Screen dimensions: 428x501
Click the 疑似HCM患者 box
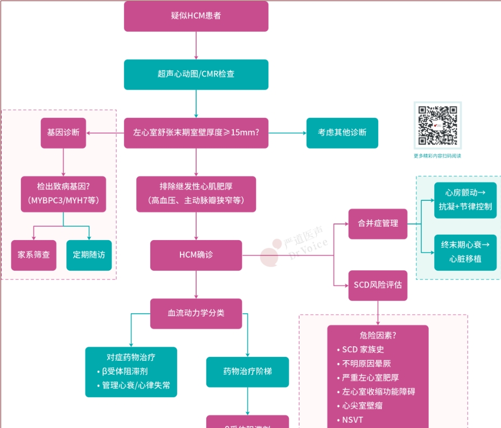click(x=196, y=16)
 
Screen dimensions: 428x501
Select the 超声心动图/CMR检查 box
click(x=196, y=74)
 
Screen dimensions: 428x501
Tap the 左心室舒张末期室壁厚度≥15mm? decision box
click(x=196, y=133)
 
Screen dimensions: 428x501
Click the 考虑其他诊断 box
click(x=342, y=133)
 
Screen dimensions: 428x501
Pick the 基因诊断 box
click(x=64, y=133)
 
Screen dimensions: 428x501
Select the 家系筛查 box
click(x=33, y=255)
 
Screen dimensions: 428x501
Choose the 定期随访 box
click(x=89, y=255)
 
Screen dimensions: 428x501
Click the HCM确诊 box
click(x=196, y=255)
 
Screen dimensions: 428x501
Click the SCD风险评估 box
click(x=378, y=285)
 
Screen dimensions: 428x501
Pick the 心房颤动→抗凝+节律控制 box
click(x=465, y=200)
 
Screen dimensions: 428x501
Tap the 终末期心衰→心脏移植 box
click(x=465, y=252)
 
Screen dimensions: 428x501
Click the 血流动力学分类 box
click(x=196, y=313)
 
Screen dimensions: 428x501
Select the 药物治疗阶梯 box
click(x=247, y=372)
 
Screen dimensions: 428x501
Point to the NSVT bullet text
click(x=353, y=419)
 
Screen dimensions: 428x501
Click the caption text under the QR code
click(x=437, y=156)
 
